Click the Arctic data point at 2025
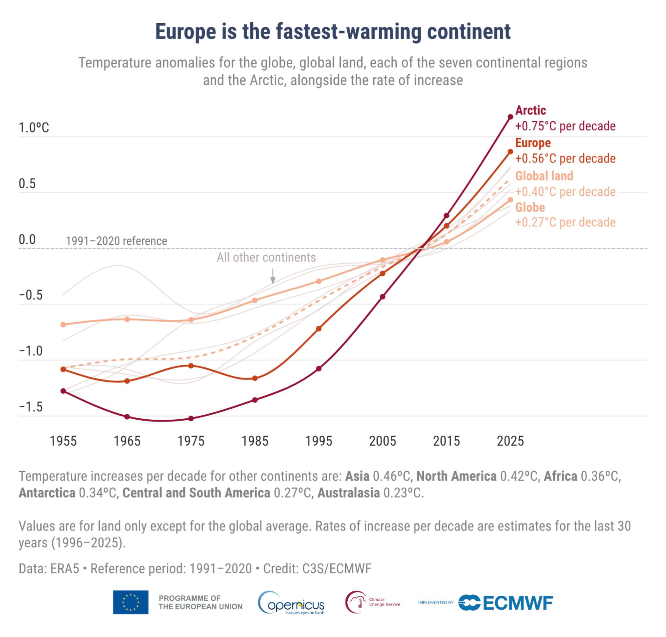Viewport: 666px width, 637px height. tap(510, 117)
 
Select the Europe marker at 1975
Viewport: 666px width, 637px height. tap(191, 366)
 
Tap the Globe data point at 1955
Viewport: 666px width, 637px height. tap(63, 324)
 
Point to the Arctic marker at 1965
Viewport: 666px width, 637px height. tap(127, 417)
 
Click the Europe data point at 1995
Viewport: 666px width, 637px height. tap(319, 329)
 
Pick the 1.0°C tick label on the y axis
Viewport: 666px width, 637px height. tap(34, 128)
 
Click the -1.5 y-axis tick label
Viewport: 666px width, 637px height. tap(31, 407)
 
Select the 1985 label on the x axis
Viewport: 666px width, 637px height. tap(255, 441)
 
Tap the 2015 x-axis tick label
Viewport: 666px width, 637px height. tap(446, 441)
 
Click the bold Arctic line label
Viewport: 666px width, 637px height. tap(530, 110)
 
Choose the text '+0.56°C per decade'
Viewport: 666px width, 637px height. tap(565, 158)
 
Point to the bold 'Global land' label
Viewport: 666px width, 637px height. tap(544, 176)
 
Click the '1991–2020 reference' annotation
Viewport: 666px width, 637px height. tap(116, 241)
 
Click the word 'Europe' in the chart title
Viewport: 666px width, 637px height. tap(185, 32)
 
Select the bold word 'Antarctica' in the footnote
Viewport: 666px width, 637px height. tap(47, 493)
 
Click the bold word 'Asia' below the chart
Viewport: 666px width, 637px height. tap(357, 476)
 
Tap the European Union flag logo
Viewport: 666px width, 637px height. tap(131, 602)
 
